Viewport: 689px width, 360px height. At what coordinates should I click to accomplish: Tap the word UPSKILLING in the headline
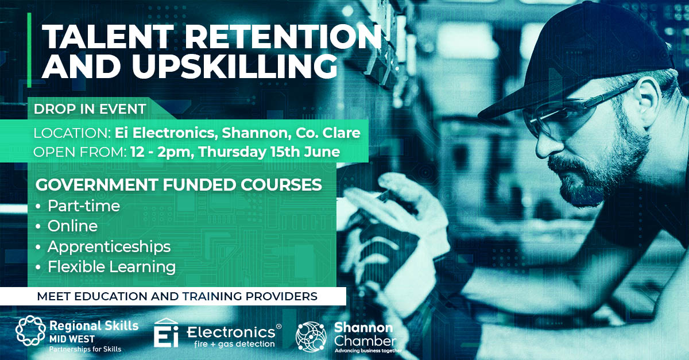pos(235,67)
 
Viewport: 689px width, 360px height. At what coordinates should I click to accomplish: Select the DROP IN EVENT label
pos(90,109)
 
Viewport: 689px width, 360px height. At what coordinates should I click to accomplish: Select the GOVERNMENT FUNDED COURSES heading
pos(179,185)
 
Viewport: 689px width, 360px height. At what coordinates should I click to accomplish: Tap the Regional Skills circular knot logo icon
pos(30,331)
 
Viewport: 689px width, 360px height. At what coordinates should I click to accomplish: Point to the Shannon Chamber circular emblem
pos(311,337)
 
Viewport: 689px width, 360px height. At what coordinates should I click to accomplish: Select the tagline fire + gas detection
pos(234,344)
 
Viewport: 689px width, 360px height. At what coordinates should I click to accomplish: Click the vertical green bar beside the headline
pos(29,50)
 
